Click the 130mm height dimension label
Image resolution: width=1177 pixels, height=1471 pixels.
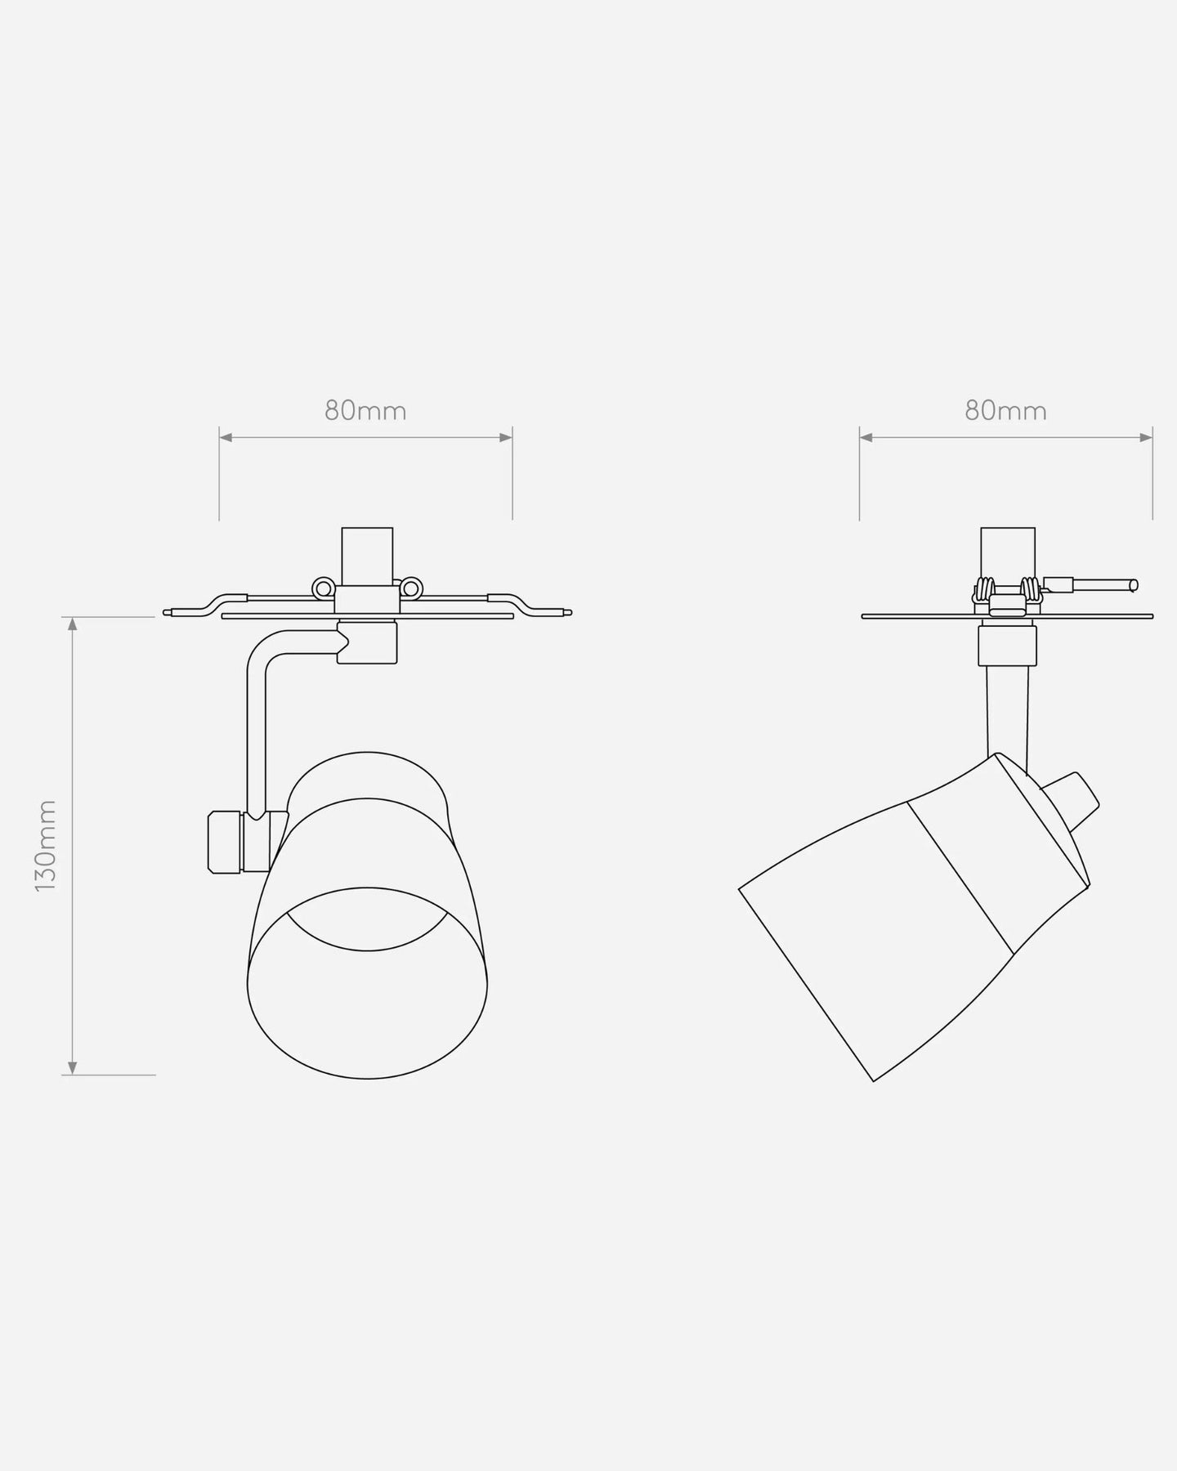[x=47, y=845]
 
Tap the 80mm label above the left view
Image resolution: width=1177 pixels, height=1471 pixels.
[x=365, y=410]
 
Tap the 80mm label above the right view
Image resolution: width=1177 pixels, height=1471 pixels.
[x=1005, y=410]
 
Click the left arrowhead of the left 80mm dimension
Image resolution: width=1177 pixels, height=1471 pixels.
[x=226, y=438]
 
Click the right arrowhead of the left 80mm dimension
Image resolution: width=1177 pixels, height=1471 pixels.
[x=505, y=438]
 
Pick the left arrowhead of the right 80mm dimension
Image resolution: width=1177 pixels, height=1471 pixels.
[x=866, y=438]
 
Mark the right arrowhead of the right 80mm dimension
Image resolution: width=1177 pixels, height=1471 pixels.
[x=1145, y=438]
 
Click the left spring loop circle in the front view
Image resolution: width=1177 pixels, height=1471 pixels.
[x=324, y=588]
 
